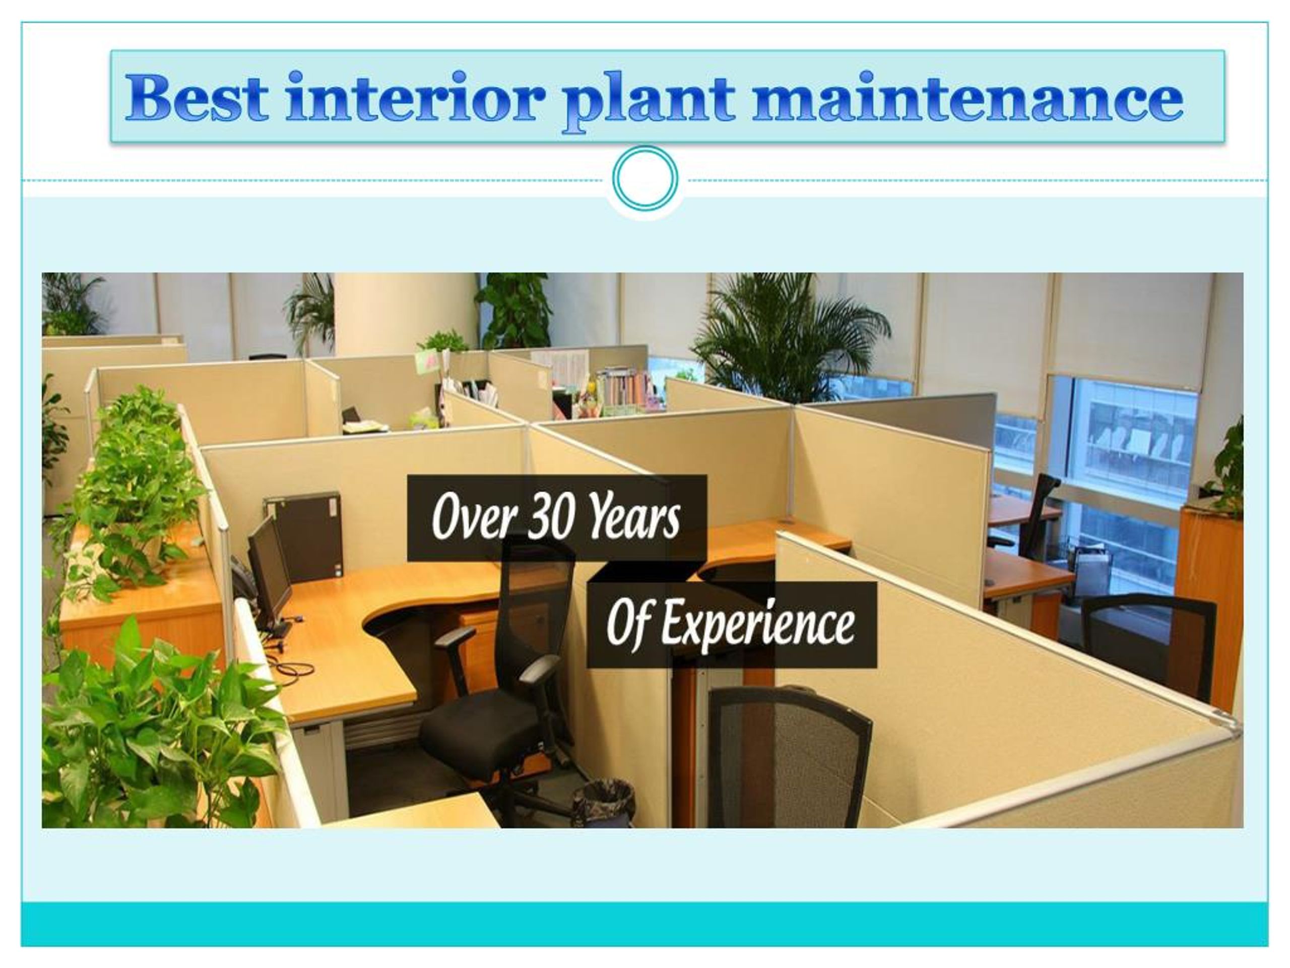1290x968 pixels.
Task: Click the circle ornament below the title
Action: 645,178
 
